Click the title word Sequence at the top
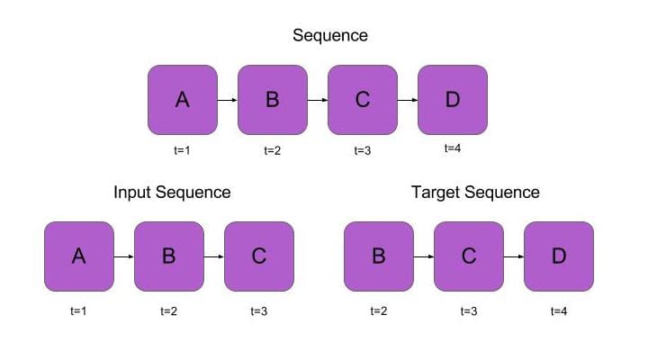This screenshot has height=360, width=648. pos(330,36)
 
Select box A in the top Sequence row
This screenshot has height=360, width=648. pos(183,100)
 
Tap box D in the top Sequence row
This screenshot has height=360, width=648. pos(453,100)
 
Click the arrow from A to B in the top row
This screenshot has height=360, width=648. pos(228,100)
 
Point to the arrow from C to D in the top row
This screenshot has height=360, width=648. pos(408,100)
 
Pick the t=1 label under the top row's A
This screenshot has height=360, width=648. pos(182,150)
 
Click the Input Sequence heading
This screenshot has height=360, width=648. pos(172,193)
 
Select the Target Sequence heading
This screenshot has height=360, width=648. pos(475,193)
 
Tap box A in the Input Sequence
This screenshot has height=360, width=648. pos(79,256)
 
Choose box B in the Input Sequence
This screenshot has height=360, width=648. pos(169,256)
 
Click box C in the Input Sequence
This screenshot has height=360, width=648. pos(259,256)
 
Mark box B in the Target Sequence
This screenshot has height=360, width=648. pos(379,256)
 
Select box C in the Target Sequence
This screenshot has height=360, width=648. pos(469,256)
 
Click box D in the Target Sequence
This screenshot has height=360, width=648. pos(559,256)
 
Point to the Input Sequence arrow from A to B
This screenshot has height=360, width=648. pos(124,256)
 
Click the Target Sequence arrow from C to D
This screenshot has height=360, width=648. pos(514,256)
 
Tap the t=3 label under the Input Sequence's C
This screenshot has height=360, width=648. pos(259,311)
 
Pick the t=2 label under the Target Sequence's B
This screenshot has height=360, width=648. pos(379,311)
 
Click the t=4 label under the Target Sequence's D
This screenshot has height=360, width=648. pos(559,311)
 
